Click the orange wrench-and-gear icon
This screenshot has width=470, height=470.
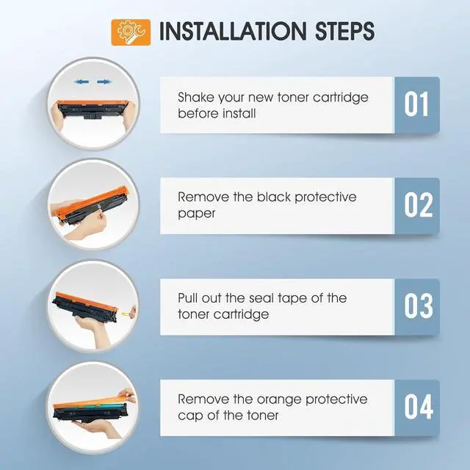(131, 32)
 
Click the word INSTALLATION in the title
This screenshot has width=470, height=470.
(233, 31)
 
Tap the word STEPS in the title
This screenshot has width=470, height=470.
(344, 31)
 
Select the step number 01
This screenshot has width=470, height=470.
(416, 104)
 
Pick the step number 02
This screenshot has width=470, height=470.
(419, 205)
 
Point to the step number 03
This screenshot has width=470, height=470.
(419, 305)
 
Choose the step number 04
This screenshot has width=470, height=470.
(419, 407)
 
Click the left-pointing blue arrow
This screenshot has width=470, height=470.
(82, 82)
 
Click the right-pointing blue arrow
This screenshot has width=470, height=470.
(104, 82)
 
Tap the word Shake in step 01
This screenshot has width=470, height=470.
(196, 98)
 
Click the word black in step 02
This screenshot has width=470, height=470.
(274, 198)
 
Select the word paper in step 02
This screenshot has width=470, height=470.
(196, 214)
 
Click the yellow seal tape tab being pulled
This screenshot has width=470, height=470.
(126, 314)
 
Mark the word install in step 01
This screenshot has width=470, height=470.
(239, 114)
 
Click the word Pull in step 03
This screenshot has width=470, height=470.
(187, 298)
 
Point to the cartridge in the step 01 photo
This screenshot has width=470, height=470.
(93, 109)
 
